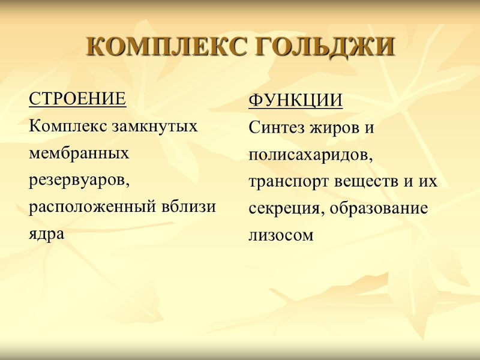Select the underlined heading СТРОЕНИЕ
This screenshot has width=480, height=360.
77,99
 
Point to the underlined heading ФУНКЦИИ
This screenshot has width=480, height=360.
295,101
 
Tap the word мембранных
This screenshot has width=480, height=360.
79,154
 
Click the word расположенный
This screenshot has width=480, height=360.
88,208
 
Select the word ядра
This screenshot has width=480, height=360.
46,235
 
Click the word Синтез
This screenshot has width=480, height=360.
277,128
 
